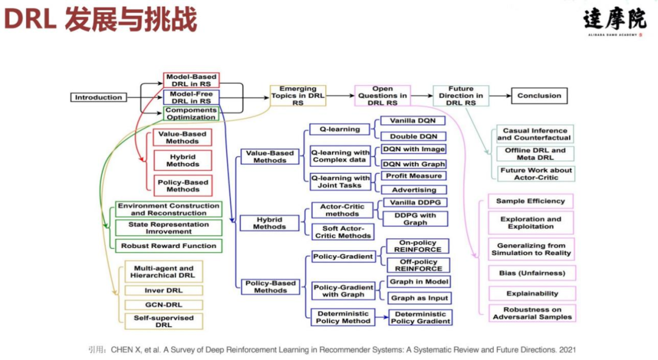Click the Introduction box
99,97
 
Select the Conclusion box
539,96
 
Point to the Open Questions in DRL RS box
382,96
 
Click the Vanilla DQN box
412,121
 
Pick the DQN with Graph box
414,164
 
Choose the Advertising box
414,190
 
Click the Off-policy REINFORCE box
418,265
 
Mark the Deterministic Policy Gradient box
421,317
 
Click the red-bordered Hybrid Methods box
183,160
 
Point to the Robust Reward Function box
168,246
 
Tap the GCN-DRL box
163,305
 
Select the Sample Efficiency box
530,201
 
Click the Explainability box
532,294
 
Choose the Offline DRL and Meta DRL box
534,154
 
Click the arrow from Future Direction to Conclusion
499,96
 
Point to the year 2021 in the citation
567,350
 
